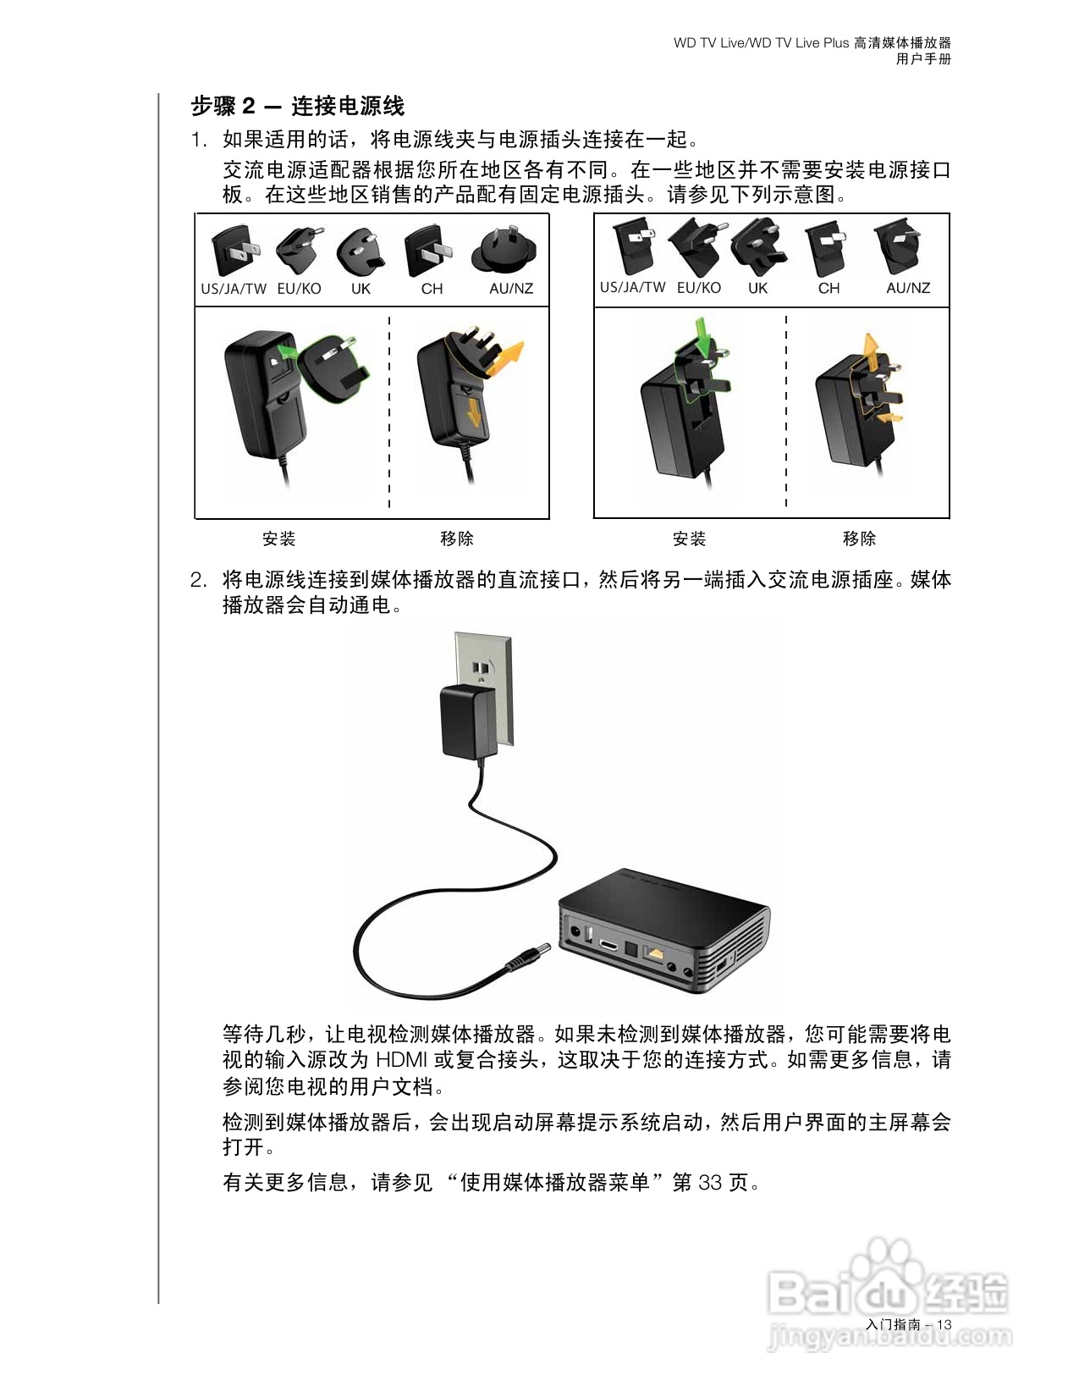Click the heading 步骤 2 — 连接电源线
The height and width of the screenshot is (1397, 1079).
[297, 106]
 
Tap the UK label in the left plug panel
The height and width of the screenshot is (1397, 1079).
[361, 289]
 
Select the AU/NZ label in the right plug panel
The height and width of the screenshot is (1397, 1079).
[908, 288]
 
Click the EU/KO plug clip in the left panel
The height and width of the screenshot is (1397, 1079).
[300, 250]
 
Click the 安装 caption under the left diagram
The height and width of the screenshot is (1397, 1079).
[278, 538]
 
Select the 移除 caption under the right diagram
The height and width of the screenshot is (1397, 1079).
[859, 538]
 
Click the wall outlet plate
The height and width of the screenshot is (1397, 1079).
[484, 669]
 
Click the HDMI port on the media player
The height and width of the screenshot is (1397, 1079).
[609, 943]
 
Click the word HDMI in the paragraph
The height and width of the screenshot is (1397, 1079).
[401, 1060]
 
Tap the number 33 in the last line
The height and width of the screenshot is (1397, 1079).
[711, 1182]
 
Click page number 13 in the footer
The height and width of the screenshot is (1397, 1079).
[944, 1325]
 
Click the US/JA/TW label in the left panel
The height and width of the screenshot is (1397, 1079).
[234, 289]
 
